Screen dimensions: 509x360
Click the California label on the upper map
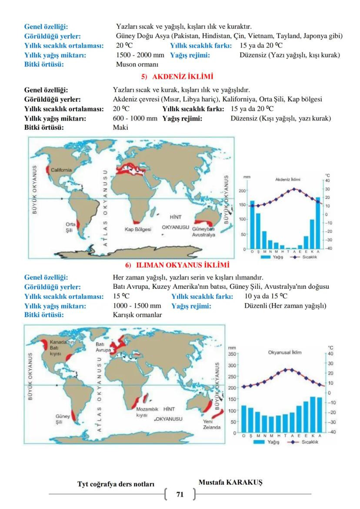61,170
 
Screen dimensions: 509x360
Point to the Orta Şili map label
66,227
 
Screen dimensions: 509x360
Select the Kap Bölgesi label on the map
135,229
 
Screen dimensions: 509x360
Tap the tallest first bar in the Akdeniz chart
252,224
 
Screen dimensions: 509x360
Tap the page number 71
180,494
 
